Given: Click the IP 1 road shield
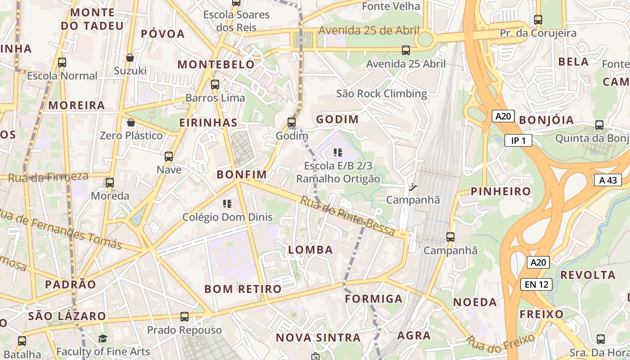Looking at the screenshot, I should pyautogui.click(x=518, y=141).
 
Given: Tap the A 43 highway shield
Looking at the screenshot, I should pyautogui.click(x=607, y=180).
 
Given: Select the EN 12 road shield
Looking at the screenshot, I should pyautogui.click(x=536, y=284).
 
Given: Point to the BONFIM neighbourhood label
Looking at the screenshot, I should pyautogui.click(x=242, y=175).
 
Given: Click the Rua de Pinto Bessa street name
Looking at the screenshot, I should pyautogui.click(x=347, y=216).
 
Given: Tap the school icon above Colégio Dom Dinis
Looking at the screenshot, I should pyautogui.click(x=227, y=204).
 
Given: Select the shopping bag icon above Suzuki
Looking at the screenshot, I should pyautogui.click(x=130, y=58).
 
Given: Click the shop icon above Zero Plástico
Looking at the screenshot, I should pyautogui.click(x=131, y=122).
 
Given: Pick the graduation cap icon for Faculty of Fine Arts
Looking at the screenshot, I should pyautogui.click(x=103, y=338).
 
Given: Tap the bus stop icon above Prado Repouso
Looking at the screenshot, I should pyautogui.click(x=184, y=317).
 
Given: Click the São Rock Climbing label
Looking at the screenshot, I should pyautogui.click(x=382, y=94).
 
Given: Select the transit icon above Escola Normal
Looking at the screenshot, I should pyautogui.click(x=62, y=63).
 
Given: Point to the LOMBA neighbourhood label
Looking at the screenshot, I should pyautogui.click(x=310, y=250).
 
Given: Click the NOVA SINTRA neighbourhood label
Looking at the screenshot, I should pyautogui.click(x=318, y=337).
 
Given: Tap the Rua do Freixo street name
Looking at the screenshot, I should pyautogui.click(x=500, y=342).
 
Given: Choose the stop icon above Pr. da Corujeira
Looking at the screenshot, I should pyautogui.click(x=538, y=20).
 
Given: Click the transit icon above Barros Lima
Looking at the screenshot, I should pyautogui.click(x=215, y=84).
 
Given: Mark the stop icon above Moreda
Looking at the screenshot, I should pyautogui.click(x=110, y=182).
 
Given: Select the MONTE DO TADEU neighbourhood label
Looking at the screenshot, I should pyautogui.click(x=92, y=19).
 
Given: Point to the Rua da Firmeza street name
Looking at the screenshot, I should pyautogui.click(x=48, y=177).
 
